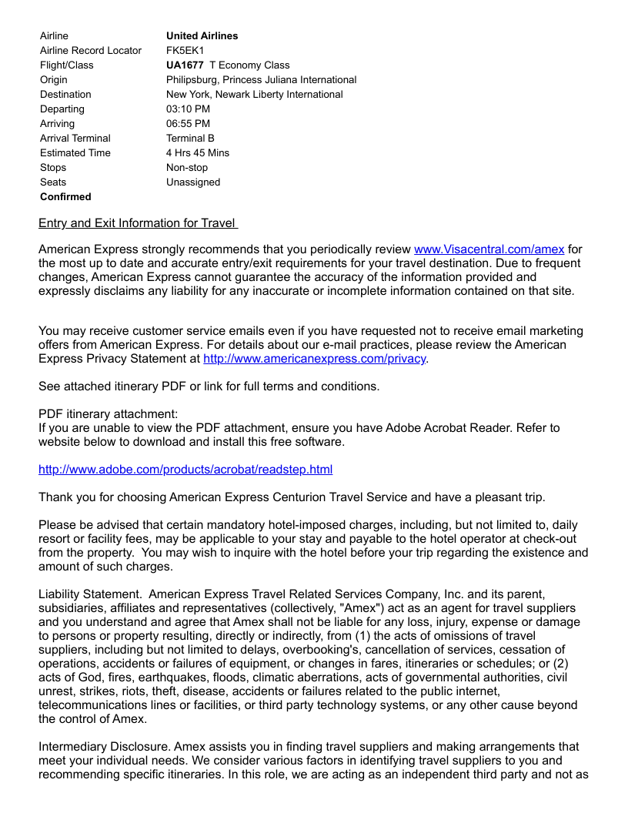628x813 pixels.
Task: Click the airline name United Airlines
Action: (202, 35)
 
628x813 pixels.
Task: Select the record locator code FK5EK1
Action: (185, 50)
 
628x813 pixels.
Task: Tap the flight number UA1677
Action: (185, 65)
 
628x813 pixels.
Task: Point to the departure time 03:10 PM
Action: (188, 109)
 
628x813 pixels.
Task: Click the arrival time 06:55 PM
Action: (188, 123)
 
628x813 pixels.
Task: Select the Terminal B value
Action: (190, 138)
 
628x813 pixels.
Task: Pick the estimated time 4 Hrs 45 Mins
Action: (198, 152)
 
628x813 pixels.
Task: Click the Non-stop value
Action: (187, 167)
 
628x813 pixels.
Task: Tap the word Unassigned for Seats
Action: (193, 182)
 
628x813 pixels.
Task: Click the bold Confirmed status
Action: (65, 196)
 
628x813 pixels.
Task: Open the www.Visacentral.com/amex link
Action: (489, 249)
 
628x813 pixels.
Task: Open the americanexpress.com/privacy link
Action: (314, 359)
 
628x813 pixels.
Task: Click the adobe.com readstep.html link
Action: (185, 470)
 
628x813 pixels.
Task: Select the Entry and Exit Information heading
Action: (138, 223)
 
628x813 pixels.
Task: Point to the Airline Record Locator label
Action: (91, 50)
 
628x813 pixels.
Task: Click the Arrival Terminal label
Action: (75, 138)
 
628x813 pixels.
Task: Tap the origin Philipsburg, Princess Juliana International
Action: (261, 79)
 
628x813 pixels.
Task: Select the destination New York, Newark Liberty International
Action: (255, 94)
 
